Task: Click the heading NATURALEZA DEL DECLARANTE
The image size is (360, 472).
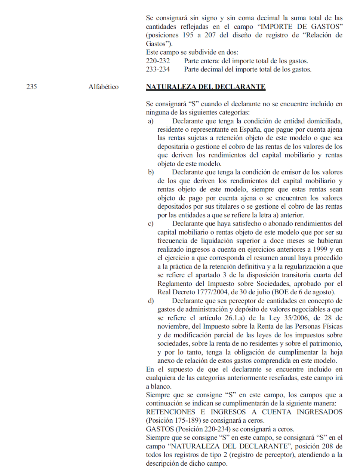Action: pyautogui.click(x=206, y=87)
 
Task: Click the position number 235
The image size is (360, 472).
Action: pyautogui.click(x=32, y=87)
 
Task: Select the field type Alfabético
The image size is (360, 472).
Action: pyautogui.click(x=104, y=87)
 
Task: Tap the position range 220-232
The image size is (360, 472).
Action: pyautogui.click(x=158, y=61)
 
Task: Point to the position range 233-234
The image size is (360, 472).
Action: pyautogui.click(x=158, y=70)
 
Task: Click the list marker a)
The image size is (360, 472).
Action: pyautogui.click(x=151, y=121)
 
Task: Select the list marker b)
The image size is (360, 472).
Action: pyautogui.click(x=151, y=172)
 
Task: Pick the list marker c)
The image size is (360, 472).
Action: pyautogui.click(x=151, y=224)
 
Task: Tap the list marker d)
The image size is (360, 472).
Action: pyautogui.click(x=151, y=301)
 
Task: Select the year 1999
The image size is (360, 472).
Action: pyautogui.click(x=319, y=249)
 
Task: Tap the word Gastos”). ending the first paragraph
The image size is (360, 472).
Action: pyautogui.click(x=159, y=44)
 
